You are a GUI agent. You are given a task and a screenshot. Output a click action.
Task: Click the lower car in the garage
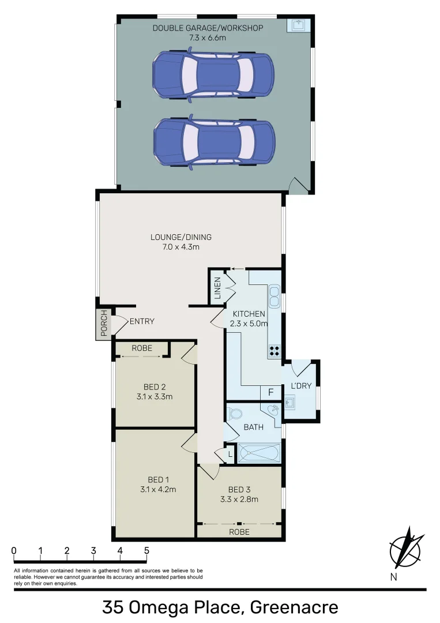coord(214,143)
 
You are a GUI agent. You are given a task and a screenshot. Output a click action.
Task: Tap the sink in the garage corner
coord(299,26)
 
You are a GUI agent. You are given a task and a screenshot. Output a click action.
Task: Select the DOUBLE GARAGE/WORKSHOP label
coord(208,28)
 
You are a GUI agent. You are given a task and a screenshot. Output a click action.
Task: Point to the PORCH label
coord(104,324)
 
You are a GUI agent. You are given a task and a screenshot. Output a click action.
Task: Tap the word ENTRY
coord(142,321)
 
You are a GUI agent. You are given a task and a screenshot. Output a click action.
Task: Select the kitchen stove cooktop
coord(274,350)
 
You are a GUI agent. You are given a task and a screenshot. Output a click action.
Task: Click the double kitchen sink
coord(274,297)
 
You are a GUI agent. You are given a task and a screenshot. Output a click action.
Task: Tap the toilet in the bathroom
coord(234,414)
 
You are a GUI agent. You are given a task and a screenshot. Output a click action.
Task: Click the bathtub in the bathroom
coord(260,452)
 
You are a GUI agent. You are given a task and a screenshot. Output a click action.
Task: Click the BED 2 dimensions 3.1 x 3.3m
coord(155,396)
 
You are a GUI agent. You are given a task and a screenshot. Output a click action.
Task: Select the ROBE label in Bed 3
coord(239,532)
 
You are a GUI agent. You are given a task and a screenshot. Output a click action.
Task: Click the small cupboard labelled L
coord(230,454)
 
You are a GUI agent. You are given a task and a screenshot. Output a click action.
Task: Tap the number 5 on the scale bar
coord(146,550)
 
